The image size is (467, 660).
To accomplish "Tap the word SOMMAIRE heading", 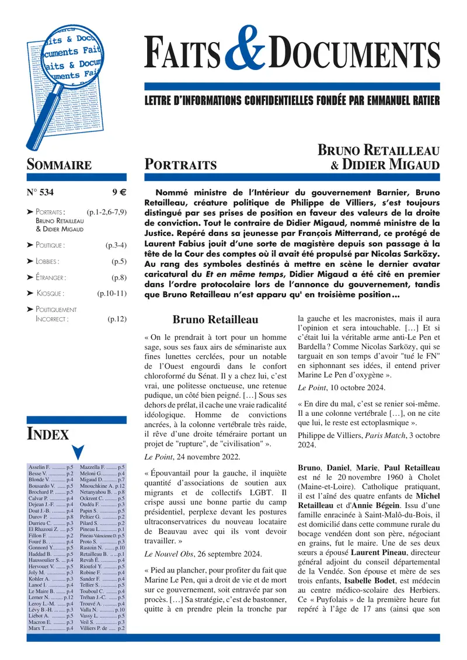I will click(x=59, y=165).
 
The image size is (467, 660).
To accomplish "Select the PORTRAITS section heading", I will click(x=180, y=165).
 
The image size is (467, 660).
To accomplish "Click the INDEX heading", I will click(x=48, y=434).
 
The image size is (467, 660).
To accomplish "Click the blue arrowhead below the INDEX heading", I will click(x=77, y=452).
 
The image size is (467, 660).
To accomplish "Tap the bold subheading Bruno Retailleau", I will click(x=215, y=320).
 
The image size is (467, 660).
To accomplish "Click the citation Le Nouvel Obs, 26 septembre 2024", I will click(x=203, y=554).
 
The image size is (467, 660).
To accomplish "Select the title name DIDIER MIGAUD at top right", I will click(x=391, y=165).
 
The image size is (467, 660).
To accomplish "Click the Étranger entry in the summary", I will click(x=50, y=277).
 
